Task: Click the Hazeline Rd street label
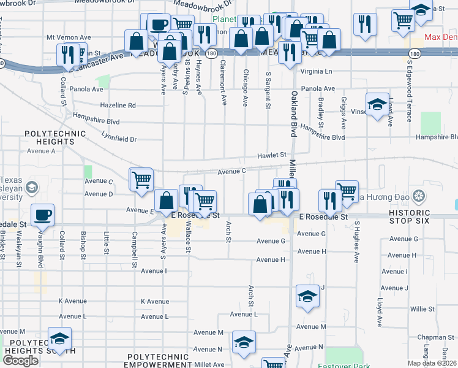click(119, 105)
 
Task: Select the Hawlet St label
click(272, 156)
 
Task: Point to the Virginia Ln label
click(316, 71)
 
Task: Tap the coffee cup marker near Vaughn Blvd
click(43, 215)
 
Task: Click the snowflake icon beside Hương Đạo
click(419, 197)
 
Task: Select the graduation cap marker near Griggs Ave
click(377, 104)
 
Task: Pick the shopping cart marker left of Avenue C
click(141, 180)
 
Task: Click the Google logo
click(21, 360)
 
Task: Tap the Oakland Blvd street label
click(295, 113)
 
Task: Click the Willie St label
click(422, 309)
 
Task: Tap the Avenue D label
click(99, 194)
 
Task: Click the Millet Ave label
click(209, 364)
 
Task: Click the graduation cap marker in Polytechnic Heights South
click(59, 339)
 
